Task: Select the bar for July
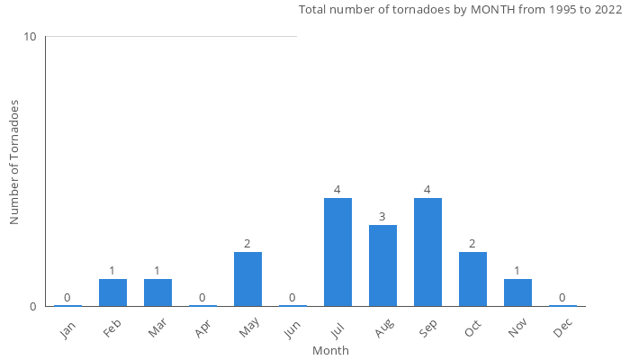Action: click(x=337, y=252)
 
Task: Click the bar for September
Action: click(x=427, y=252)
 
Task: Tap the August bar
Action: click(x=382, y=265)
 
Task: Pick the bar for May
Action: click(x=247, y=279)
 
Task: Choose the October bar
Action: click(x=472, y=279)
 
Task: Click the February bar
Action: click(x=112, y=292)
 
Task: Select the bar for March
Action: click(x=157, y=292)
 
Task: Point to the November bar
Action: click(x=517, y=292)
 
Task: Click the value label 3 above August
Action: click(x=382, y=217)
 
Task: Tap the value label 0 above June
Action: click(x=292, y=298)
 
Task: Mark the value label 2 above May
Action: click(x=247, y=244)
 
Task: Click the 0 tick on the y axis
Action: click(x=33, y=306)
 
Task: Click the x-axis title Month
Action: click(x=330, y=350)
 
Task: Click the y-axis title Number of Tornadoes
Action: click(x=14, y=162)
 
